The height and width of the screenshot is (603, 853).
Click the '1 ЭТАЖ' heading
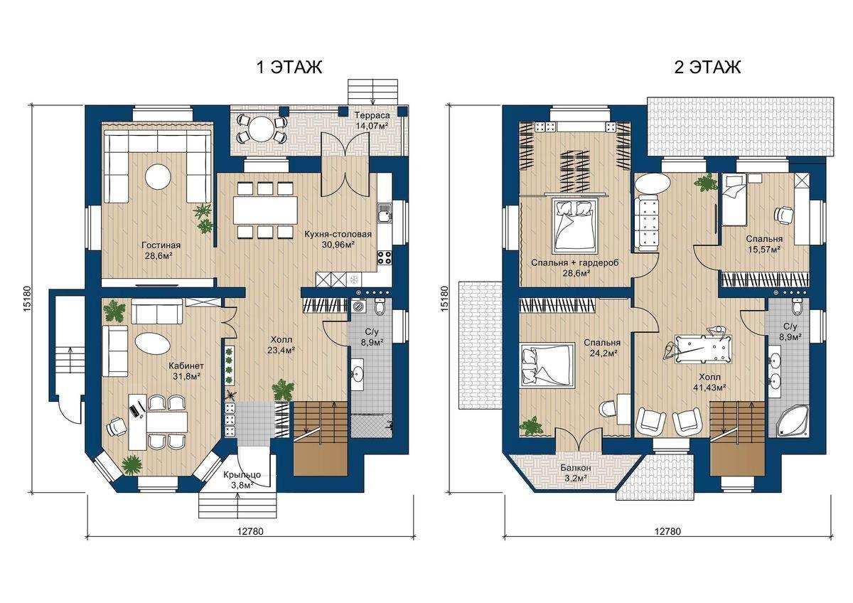(x=289, y=68)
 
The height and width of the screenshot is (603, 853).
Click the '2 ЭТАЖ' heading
(x=707, y=68)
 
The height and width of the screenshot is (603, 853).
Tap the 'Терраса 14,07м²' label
(x=372, y=120)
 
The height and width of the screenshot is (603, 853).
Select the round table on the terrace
(x=262, y=129)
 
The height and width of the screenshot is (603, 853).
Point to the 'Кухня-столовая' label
(x=338, y=235)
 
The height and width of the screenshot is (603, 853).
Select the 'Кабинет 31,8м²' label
(x=186, y=371)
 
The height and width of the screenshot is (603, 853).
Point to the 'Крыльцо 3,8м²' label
(x=242, y=480)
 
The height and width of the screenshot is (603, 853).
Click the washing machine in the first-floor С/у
(x=358, y=307)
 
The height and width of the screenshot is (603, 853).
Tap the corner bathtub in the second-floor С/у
(x=791, y=421)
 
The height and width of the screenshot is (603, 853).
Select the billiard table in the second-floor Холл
(x=703, y=349)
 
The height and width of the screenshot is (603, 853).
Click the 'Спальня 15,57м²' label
(x=764, y=244)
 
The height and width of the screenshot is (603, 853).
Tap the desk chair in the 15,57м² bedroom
(x=783, y=215)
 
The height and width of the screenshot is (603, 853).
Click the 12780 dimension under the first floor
(x=250, y=531)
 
